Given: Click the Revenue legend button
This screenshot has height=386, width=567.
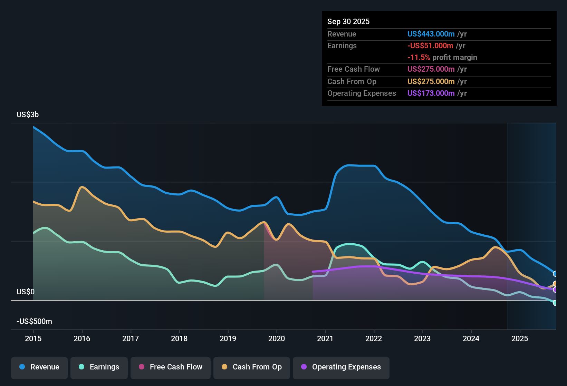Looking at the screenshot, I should (39, 367).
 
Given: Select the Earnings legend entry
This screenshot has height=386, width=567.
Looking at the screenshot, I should (99, 367).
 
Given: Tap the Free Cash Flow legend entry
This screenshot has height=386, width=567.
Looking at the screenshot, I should (171, 367).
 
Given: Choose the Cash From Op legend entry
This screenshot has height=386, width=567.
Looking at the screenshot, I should (252, 367).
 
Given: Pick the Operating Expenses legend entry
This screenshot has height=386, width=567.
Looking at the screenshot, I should (341, 367).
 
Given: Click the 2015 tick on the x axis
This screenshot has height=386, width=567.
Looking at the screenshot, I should (33, 338).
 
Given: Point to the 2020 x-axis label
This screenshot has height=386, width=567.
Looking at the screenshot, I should (277, 338).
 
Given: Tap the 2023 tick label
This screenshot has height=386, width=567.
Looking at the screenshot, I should (422, 338).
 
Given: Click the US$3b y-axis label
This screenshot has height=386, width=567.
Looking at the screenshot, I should (28, 115).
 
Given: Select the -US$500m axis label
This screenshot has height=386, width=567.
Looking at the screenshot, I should (34, 322).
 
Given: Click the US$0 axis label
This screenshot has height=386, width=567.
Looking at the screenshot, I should (26, 292).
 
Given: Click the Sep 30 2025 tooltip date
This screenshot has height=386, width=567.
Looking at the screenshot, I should (348, 22).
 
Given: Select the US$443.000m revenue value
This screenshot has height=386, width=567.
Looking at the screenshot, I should (431, 34).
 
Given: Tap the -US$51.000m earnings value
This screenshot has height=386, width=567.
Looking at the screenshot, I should (430, 46).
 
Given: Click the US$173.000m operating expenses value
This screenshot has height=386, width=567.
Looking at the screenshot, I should (431, 93).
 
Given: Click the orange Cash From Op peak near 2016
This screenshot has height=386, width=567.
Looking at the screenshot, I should (82, 187).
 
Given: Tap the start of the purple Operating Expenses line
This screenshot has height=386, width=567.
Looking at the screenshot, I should (313, 272).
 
